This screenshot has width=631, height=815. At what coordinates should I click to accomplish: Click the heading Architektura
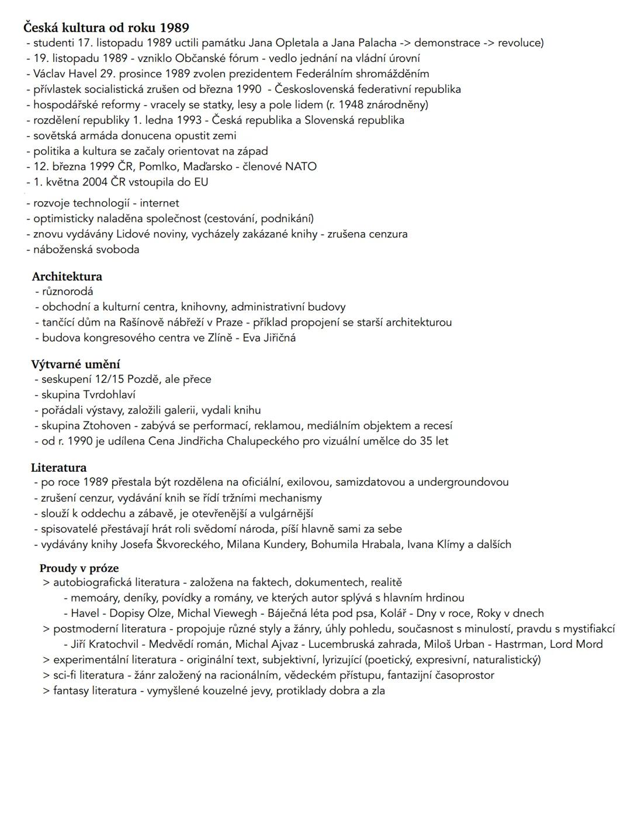[x=67, y=277]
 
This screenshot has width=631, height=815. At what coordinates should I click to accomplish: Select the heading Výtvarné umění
[x=75, y=364]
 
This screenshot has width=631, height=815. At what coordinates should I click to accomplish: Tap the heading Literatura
[x=58, y=468]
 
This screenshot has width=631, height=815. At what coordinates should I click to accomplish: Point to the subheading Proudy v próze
[x=79, y=568]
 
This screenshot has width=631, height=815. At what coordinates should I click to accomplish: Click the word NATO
[x=301, y=167]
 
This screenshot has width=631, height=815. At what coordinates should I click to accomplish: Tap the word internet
[x=160, y=203]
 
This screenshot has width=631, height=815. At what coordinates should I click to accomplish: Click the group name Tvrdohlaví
[x=109, y=395]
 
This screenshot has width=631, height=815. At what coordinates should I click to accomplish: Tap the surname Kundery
[x=280, y=544]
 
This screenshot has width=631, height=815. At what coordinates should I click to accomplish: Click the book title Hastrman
[x=521, y=644]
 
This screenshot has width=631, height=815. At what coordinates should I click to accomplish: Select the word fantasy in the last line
[x=73, y=690]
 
